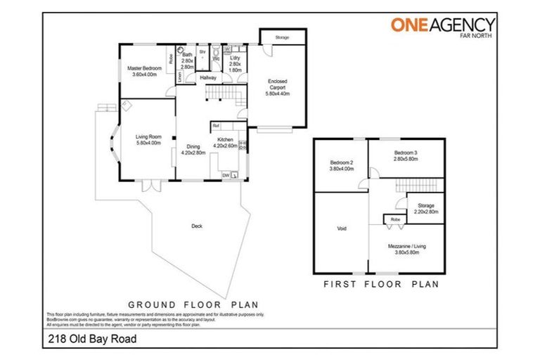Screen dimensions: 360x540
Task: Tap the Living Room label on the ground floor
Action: click(x=148, y=139)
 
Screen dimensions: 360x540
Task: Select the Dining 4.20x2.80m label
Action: click(x=192, y=150)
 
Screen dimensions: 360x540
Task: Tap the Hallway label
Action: click(x=207, y=77)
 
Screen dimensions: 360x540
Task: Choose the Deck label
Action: click(x=196, y=226)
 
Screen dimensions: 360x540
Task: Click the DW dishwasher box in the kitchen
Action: click(x=226, y=174)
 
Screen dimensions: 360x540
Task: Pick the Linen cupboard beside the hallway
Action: click(x=180, y=79)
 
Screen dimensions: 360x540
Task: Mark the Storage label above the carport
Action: click(x=282, y=37)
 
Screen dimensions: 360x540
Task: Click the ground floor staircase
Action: click(x=221, y=92)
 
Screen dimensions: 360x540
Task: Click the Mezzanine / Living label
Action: click(x=406, y=250)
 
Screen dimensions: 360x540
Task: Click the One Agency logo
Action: click(x=442, y=25)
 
